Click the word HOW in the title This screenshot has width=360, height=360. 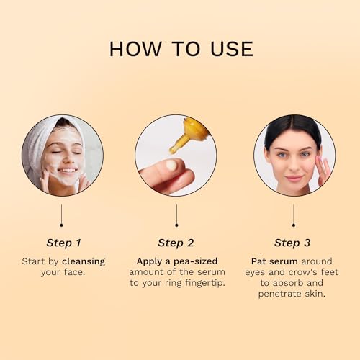135,49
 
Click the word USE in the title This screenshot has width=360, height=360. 232,49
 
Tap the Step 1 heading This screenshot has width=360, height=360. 63,243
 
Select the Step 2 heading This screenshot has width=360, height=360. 176,243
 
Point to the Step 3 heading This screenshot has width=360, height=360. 292,243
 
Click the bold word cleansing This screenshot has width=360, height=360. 84,261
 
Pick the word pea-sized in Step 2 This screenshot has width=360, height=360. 196,261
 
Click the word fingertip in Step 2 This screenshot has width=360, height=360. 204,283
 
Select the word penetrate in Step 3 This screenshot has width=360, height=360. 280,294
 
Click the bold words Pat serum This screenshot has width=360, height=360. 274,261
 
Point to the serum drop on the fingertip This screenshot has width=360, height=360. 171,166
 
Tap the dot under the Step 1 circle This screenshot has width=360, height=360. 61,225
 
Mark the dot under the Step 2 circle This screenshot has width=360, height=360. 176,225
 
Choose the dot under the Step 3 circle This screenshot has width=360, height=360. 294,225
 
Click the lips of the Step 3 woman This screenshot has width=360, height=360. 294,179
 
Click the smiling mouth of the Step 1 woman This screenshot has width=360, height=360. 68,171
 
